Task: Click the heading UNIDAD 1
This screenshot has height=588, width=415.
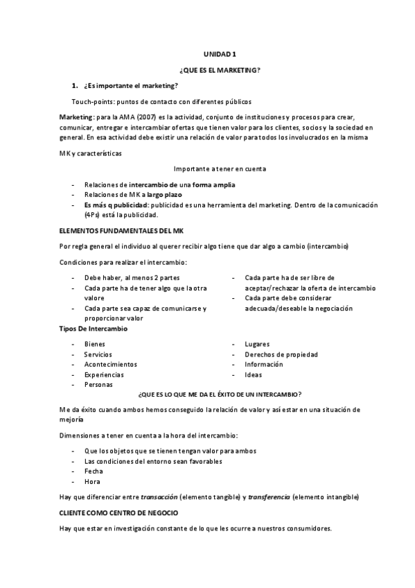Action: pos(220,53)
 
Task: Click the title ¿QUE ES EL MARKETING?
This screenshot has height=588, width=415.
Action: pos(220,69)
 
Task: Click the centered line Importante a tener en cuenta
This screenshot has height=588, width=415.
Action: pos(220,168)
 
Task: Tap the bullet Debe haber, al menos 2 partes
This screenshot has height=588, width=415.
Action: pos(127,277)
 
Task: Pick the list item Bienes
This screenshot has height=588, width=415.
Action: pos(95,344)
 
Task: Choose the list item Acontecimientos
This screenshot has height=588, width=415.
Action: pos(111,364)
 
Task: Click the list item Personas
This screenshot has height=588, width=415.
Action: pos(98,384)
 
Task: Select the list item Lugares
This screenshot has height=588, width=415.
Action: pos(257,344)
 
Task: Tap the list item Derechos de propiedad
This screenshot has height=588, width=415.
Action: pos(281,354)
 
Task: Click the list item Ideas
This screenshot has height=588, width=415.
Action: pos(253,374)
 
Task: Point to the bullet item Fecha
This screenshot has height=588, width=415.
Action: pos(94,471)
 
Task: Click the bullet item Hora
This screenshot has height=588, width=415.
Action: pos(92,481)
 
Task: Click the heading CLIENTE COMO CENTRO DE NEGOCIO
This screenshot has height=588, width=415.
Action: pos(118,512)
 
